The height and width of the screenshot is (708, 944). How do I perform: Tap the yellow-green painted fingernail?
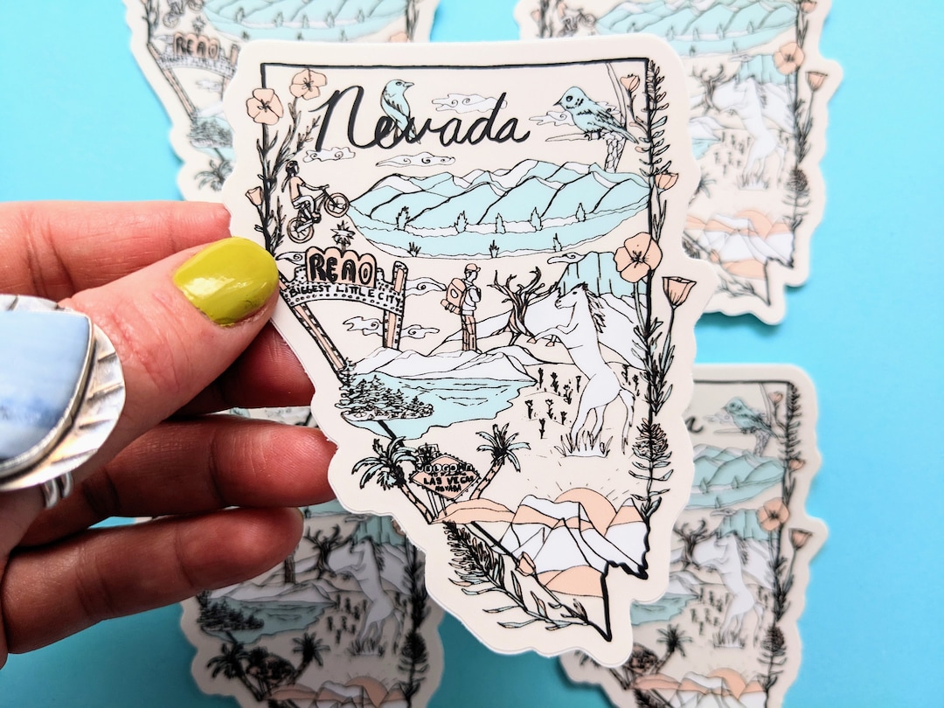tap(226, 281)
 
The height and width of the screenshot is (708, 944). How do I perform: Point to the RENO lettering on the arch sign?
tap(340, 264)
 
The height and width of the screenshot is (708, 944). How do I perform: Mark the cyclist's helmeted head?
tap(291, 167)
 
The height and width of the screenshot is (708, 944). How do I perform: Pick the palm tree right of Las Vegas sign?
tap(503, 450)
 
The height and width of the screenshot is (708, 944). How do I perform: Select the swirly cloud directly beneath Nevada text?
tap(420, 161)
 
